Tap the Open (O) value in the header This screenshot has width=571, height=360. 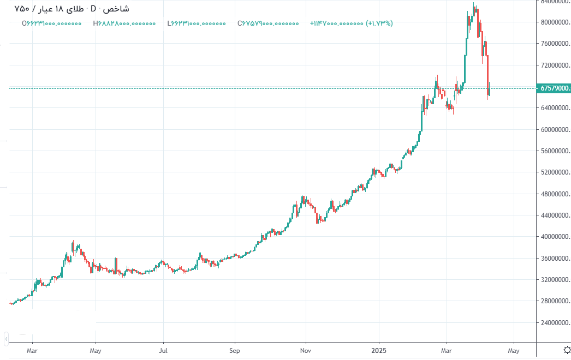(52, 23)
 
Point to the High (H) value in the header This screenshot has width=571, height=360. (124, 23)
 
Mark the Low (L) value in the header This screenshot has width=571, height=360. (197, 23)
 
